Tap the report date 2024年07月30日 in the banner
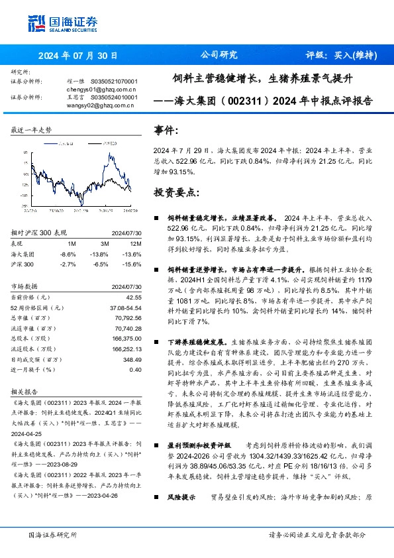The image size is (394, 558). point(78,56)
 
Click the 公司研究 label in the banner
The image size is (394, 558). point(219,56)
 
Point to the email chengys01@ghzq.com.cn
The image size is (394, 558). point(101,87)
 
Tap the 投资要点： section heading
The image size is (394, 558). point(176,193)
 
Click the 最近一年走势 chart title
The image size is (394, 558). point(31,131)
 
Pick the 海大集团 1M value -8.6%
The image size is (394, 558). point(68,254)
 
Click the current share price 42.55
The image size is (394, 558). point(134,298)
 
